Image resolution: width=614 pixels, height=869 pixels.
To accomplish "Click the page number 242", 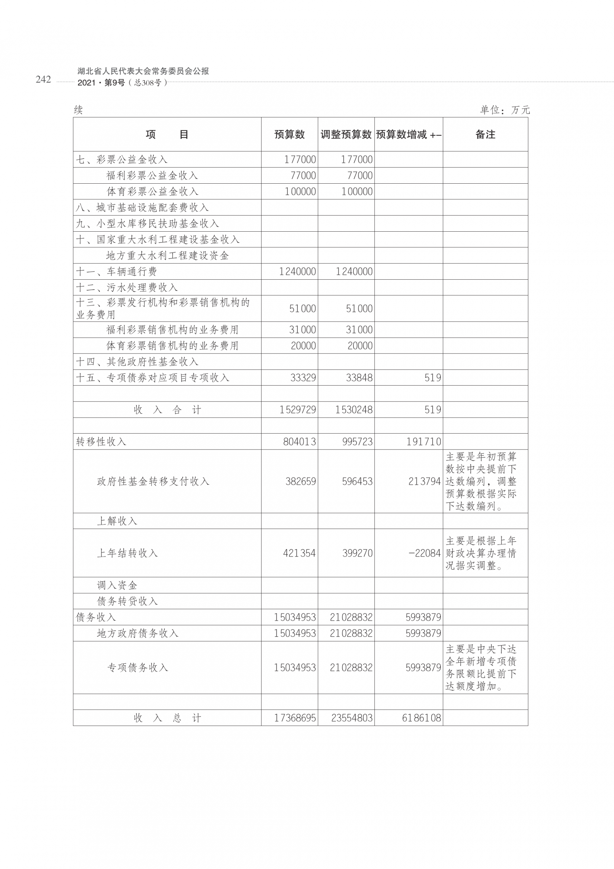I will click(x=43, y=79).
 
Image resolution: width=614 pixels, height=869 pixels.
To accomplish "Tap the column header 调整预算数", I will click(x=346, y=134).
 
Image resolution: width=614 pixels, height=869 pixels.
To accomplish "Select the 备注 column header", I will click(x=485, y=134).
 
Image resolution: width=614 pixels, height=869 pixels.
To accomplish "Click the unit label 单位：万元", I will click(x=505, y=110).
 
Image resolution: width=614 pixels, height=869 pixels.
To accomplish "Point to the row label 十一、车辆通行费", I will click(x=116, y=271).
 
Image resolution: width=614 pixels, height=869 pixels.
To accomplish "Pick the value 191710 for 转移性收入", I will click(x=423, y=442).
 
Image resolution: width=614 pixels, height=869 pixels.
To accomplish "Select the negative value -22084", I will click(x=424, y=553).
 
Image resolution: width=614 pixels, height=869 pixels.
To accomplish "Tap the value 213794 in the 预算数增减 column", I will click(x=424, y=482).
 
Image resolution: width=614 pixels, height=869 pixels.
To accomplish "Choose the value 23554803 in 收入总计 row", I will click(x=351, y=718).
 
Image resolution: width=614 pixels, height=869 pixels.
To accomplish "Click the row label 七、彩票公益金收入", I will click(x=122, y=159).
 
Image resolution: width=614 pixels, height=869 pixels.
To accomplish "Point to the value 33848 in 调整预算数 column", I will click(x=359, y=378).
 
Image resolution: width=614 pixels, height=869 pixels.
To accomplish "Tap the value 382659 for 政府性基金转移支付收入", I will click(x=300, y=482).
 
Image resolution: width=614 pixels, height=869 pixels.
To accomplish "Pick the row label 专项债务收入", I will click(x=138, y=668).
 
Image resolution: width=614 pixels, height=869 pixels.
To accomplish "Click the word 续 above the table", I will click(x=78, y=110).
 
